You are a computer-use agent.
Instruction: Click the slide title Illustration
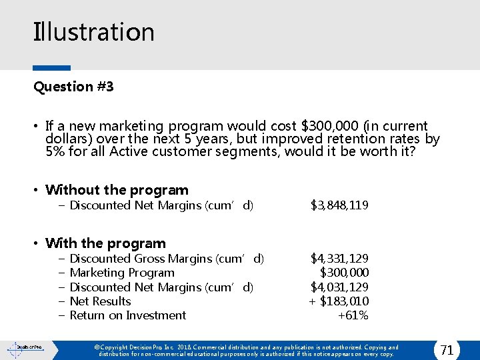click(94, 32)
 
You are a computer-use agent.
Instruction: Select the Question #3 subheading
click(73, 87)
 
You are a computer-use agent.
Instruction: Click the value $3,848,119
click(339, 205)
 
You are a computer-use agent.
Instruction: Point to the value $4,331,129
click(339, 258)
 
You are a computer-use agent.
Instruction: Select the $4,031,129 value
click(339, 287)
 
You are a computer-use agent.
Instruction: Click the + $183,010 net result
click(339, 301)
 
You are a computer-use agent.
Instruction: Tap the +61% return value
click(353, 315)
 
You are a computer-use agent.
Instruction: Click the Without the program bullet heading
click(117, 190)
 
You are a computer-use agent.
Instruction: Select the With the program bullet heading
click(105, 243)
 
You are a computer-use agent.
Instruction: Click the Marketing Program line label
click(122, 272)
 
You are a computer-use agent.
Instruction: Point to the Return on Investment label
click(128, 315)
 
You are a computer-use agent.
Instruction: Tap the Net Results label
click(100, 301)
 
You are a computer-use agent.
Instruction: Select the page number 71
click(447, 349)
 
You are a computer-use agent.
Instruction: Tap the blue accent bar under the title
click(52, 68)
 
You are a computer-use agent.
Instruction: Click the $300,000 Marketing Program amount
click(344, 272)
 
